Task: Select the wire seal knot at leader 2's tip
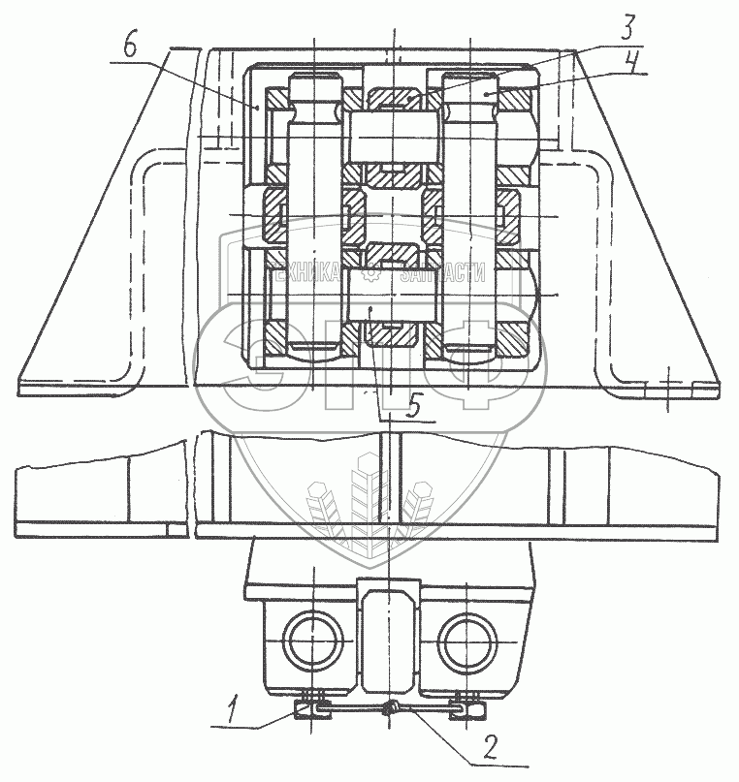(392, 710)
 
